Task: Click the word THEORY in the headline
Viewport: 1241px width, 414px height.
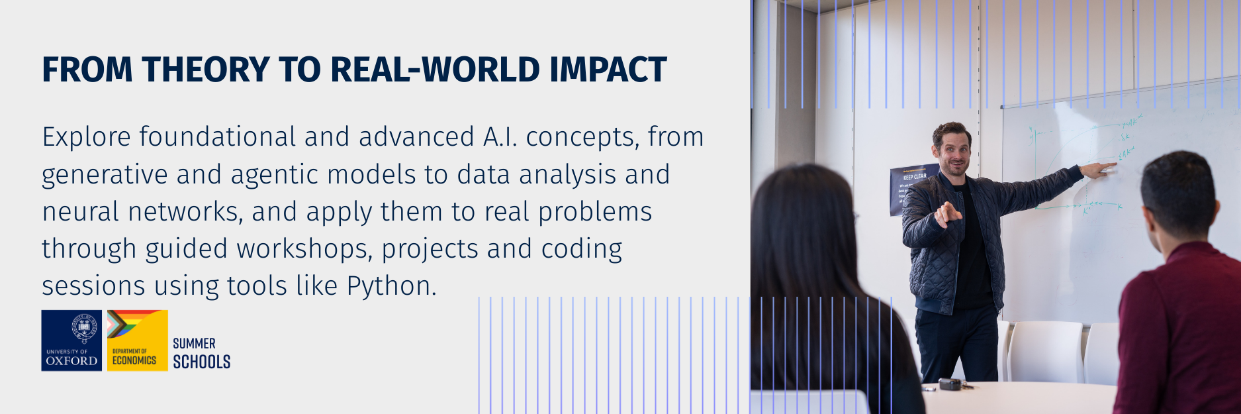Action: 205,70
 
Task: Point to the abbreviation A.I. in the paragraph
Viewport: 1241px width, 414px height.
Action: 500,137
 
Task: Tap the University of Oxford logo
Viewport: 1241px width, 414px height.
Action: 71,340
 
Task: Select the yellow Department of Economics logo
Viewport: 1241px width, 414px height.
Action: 137,340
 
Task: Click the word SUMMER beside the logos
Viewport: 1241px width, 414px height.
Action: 194,343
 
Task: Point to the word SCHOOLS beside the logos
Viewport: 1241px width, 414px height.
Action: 201,362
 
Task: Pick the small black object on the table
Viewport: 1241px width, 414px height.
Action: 950,384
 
